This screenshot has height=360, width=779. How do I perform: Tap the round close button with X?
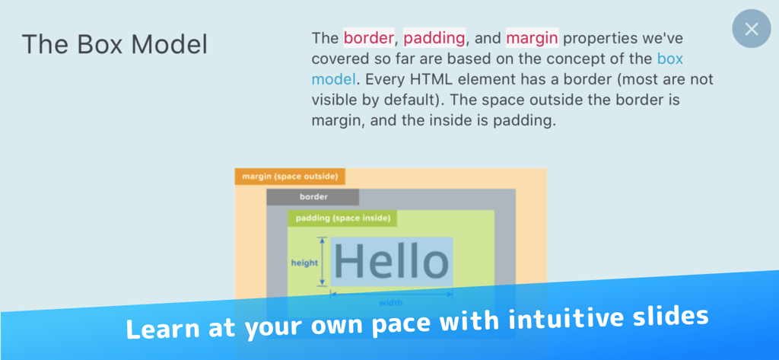coord(751,29)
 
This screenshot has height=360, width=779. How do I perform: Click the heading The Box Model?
coord(114,44)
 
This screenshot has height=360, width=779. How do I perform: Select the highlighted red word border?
coord(368,37)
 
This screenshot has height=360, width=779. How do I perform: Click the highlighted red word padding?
coord(434,37)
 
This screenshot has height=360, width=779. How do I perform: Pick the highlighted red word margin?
coord(532,37)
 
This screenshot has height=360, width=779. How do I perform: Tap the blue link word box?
coord(670,58)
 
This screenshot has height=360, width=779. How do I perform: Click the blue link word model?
coord(333,78)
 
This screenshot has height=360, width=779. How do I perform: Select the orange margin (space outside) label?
coord(290,177)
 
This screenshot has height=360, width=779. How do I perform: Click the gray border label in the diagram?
coord(313,197)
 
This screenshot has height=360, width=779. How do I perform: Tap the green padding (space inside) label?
coord(342,218)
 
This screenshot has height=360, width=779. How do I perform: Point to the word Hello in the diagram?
coord(392,261)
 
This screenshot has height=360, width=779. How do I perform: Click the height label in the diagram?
coord(304,263)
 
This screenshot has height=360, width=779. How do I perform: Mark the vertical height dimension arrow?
coord(323,261)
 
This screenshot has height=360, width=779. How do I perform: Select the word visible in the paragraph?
coord(338,99)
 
